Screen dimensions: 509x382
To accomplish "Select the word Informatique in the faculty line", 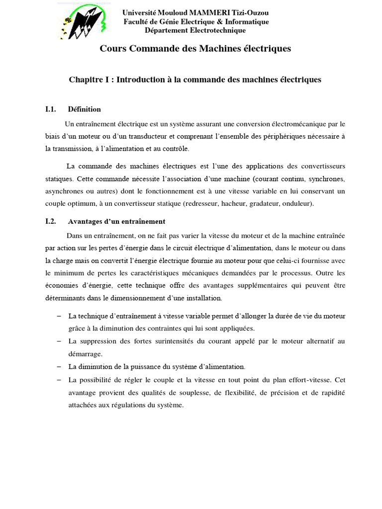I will coord(246,22).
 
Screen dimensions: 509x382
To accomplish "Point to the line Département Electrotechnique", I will coord(195,30).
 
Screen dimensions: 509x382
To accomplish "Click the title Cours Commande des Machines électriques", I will coord(195,49).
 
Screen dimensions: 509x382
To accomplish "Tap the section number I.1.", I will coord(50,109).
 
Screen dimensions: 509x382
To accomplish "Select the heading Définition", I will coord(85,109).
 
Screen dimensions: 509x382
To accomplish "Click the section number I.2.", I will coord(50,221).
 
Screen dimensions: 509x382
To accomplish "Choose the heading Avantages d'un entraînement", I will coord(116,221).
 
